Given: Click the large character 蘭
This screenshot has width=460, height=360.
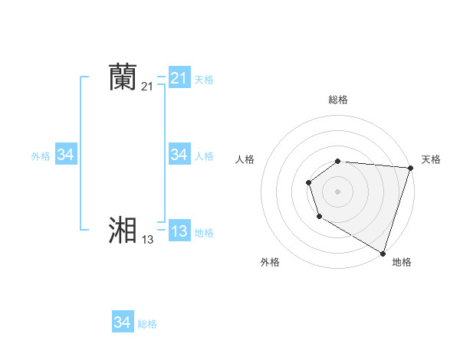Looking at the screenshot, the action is tap(123, 77).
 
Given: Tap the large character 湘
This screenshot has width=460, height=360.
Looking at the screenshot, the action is tap(123, 231).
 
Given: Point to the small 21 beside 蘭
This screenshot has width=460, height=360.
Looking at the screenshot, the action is tap(147, 87).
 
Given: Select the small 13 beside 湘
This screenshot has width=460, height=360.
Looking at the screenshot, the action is tap(147, 240).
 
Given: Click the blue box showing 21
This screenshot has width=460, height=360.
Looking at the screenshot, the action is tap(179, 78).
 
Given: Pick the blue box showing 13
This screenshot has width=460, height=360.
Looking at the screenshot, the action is tap(179, 231).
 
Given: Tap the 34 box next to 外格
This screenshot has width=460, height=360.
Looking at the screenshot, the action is tap(65, 155).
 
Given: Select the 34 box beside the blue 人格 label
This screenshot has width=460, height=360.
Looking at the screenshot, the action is tap(179, 155).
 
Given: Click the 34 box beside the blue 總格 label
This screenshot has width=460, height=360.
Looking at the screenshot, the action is tap(122, 322).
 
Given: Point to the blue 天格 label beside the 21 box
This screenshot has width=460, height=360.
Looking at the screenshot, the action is tap(204, 79).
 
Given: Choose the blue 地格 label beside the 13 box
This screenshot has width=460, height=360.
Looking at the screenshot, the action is tap(204, 233).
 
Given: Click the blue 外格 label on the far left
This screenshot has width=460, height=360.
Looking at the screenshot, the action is tap(41, 155).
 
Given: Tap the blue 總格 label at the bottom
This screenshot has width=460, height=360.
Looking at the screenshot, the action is tap(147, 324).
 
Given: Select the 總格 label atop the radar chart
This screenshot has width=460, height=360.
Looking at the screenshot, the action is tap(338, 100).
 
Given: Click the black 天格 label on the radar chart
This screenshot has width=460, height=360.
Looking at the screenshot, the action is tap(432, 159).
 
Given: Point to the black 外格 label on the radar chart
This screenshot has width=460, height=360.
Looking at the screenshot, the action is tap(270, 262).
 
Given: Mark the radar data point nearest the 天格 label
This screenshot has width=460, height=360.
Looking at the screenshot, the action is tap(410, 168).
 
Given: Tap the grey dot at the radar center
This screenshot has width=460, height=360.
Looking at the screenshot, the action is tap(338, 191).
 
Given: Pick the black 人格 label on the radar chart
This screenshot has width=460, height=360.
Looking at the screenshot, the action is tap(245, 159).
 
